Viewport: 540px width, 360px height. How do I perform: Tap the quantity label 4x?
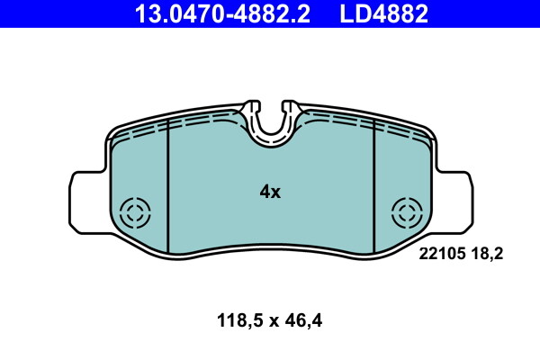270,192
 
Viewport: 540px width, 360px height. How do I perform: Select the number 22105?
441,254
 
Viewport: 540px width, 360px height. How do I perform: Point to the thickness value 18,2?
486,254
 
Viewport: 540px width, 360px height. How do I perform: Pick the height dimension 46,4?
305,319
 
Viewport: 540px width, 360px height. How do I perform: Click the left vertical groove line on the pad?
169,189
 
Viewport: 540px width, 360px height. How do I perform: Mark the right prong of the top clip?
286,113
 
